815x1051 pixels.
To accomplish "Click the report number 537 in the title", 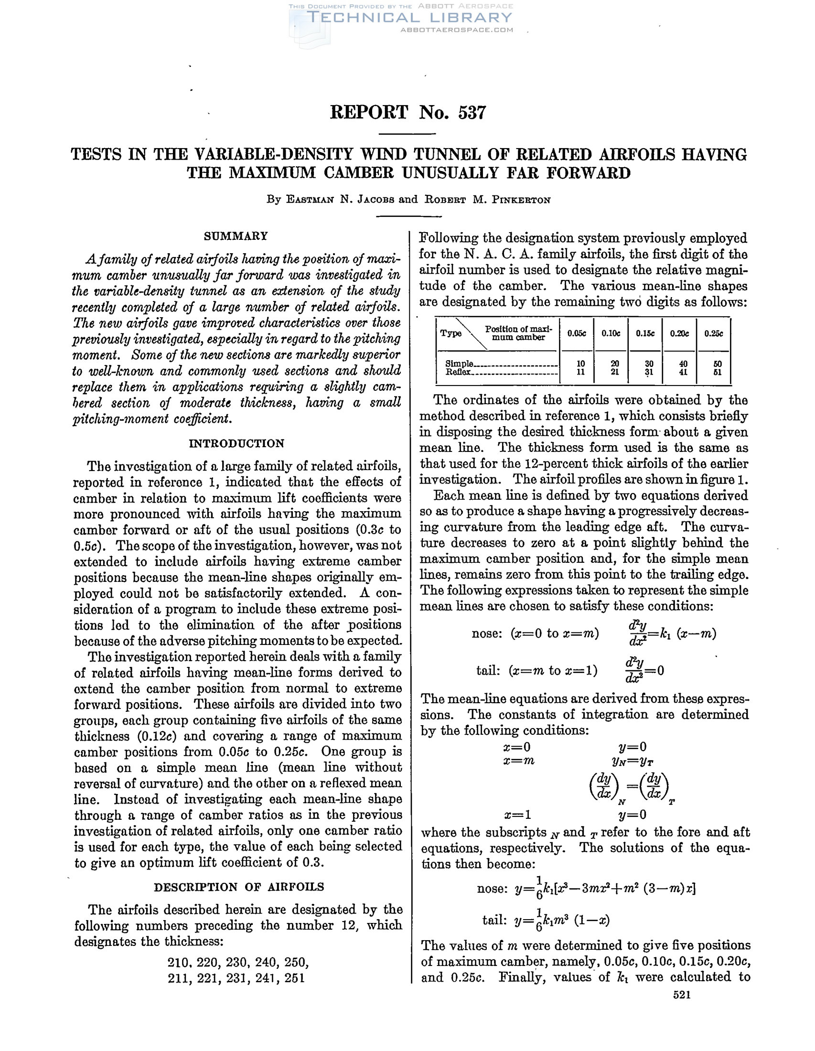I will (x=472, y=113).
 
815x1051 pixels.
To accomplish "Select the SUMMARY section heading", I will (x=236, y=236).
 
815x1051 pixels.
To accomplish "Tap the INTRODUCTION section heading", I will (x=236, y=443).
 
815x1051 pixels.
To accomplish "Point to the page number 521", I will (x=682, y=995).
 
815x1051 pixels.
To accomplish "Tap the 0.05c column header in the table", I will (x=576, y=333).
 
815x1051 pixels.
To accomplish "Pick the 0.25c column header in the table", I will (x=714, y=333).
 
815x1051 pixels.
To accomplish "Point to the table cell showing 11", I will (x=581, y=372).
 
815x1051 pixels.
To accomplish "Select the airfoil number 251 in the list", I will (x=294, y=978).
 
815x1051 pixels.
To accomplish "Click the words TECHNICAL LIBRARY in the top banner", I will (x=409, y=18).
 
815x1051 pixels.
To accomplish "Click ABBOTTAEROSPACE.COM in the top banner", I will (x=457, y=30).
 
